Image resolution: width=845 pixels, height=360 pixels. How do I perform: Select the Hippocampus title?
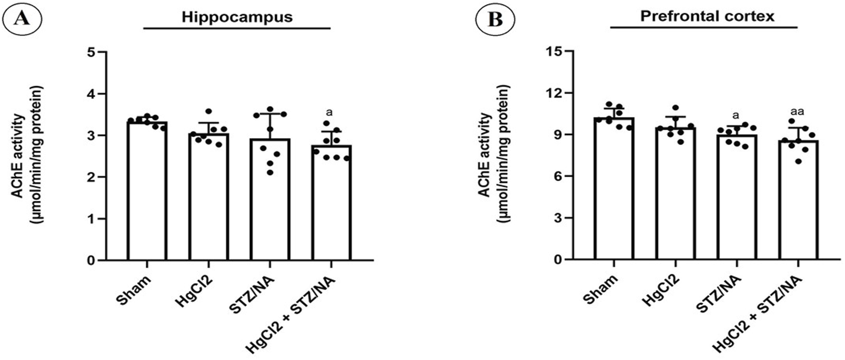pos(237,17)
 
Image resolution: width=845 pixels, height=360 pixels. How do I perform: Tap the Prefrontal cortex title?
pos(707,16)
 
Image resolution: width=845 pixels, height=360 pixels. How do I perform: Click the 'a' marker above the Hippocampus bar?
pos(330,112)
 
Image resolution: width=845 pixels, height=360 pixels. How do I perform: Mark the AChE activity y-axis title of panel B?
pos(488,158)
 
